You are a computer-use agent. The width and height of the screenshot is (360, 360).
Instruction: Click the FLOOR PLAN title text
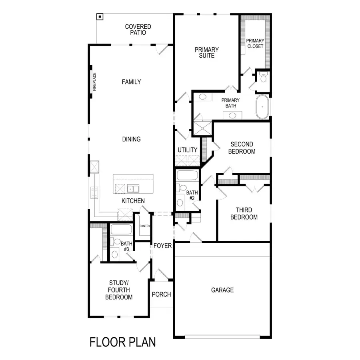click(x=122, y=342)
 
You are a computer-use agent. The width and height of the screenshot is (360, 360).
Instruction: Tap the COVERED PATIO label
click(x=138, y=29)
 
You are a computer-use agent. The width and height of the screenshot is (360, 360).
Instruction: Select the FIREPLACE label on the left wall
click(x=95, y=82)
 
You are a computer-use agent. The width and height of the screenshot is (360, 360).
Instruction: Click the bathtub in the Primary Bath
click(x=262, y=107)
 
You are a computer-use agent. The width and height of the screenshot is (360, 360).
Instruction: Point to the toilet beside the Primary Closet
click(x=263, y=78)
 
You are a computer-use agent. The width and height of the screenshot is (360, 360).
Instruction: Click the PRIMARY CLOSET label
click(x=255, y=43)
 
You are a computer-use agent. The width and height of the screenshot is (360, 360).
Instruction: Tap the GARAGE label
click(x=222, y=290)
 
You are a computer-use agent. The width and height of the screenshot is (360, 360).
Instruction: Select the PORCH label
click(x=161, y=294)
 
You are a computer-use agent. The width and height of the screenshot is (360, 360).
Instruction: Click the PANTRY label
click(x=145, y=226)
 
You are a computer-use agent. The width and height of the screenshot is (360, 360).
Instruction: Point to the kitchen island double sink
click(x=133, y=189)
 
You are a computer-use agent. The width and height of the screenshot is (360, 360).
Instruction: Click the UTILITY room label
click(x=188, y=150)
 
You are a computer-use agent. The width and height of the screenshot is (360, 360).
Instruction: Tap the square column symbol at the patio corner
click(x=100, y=17)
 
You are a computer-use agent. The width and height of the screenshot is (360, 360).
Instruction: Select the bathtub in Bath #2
click(x=187, y=176)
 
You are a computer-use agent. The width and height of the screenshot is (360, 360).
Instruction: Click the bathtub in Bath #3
click(x=121, y=230)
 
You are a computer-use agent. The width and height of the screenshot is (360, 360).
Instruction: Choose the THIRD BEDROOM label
click(x=246, y=214)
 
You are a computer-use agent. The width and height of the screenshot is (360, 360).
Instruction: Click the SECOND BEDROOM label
click(x=242, y=148)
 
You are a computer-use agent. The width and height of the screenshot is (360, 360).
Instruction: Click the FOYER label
click(x=162, y=246)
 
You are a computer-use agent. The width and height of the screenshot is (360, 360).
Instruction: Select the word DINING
click(x=131, y=139)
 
